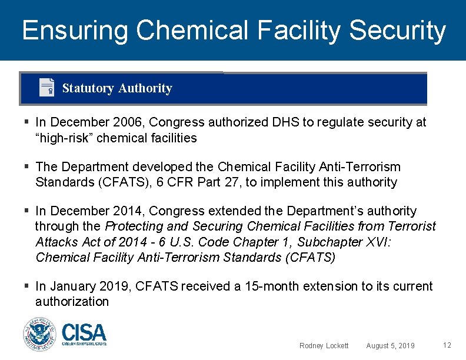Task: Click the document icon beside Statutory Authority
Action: click(x=46, y=88)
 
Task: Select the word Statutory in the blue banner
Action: click(x=88, y=88)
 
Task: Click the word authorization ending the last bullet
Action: click(x=72, y=302)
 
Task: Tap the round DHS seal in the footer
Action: click(x=39, y=334)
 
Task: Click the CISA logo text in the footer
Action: click(x=84, y=334)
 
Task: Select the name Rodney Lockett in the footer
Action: click(x=324, y=346)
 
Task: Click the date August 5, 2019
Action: click(x=390, y=346)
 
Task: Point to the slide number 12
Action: click(x=447, y=345)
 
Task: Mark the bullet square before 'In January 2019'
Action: click(x=28, y=286)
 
